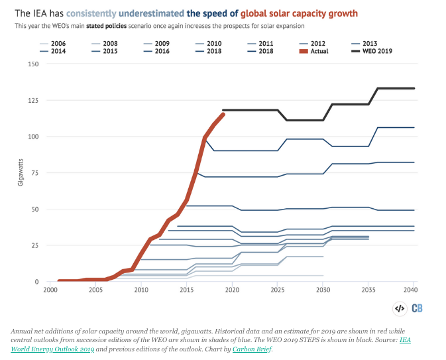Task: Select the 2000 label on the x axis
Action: [50, 290]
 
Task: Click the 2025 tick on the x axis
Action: [278, 290]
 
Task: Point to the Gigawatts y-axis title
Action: [21, 172]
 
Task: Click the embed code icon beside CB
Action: [400, 308]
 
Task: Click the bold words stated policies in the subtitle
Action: [102, 26]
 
